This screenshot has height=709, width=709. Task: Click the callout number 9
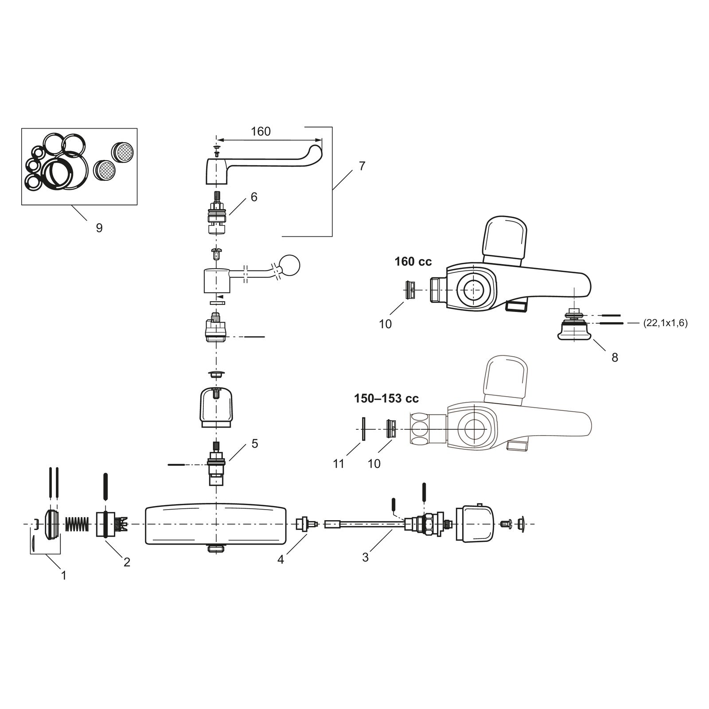point(99,228)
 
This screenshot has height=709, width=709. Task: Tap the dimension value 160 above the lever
point(261,132)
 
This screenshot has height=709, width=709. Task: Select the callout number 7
point(362,166)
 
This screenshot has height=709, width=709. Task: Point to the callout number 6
point(254,197)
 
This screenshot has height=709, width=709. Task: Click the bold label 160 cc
point(413,262)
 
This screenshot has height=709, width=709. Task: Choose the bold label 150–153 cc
point(386,399)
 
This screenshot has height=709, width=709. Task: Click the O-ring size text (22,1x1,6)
point(665,323)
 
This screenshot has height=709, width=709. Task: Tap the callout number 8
point(615,357)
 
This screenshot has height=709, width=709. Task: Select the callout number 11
point(339,464)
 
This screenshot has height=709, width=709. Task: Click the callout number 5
point(255,444)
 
